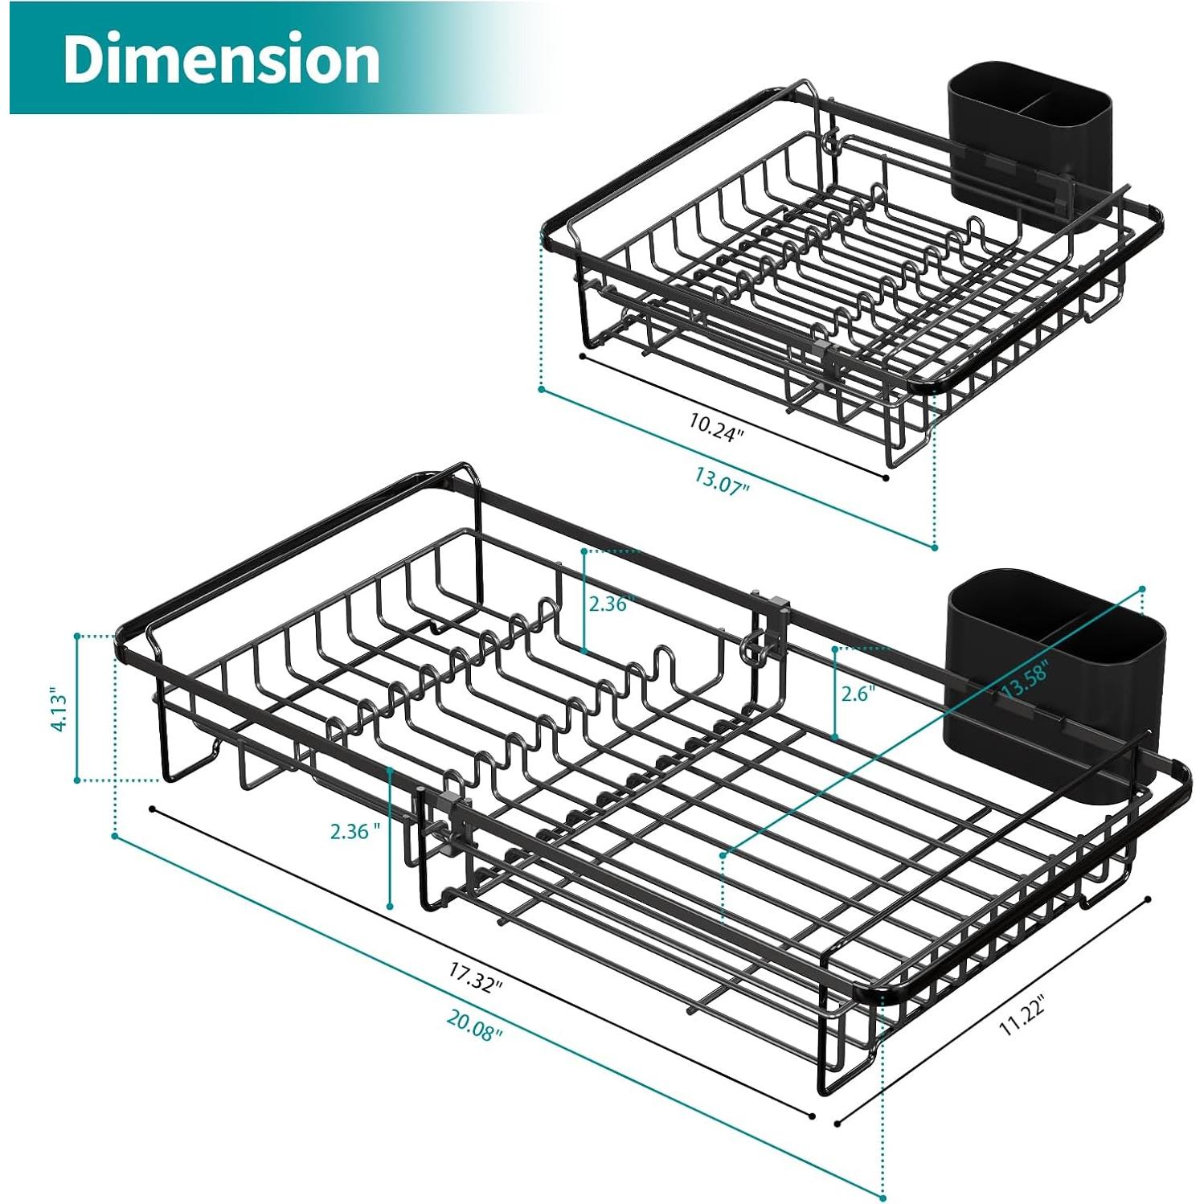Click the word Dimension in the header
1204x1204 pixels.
point(221,59)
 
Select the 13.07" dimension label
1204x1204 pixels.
point(722,481)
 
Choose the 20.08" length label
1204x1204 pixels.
point(474,1025)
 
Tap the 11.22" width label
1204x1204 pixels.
point(1022,1015)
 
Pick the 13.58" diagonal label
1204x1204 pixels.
point(1024,678)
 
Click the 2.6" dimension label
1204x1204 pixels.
point(858,694)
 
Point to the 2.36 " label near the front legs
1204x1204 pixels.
point(354,831)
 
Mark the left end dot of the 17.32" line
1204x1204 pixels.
point(151,809)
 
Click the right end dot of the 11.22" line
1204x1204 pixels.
point(1149,899)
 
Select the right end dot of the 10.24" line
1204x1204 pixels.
point(886,478)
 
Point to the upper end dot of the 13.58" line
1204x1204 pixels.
point(1142,590)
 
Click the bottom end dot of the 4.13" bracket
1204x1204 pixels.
point(77,780)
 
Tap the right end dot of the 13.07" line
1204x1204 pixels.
point(935,548)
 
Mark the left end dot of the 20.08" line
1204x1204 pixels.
point(114,836)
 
